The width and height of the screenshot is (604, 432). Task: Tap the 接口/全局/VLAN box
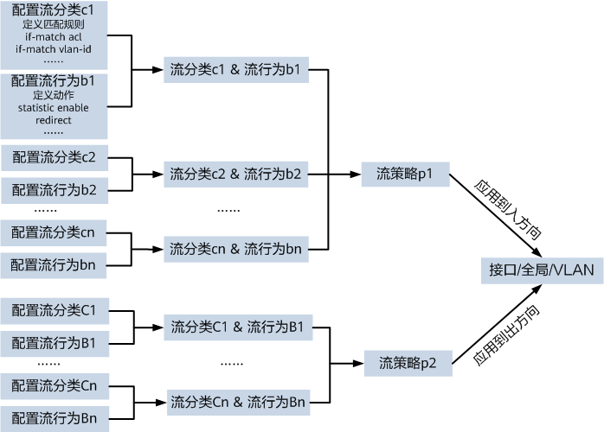(x=542, y=270)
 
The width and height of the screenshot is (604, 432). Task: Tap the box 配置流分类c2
(x=54, y=158)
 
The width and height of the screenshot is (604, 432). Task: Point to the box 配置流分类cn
(x=54, y=232)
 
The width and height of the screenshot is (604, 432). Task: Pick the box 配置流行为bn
(x=54, y=264)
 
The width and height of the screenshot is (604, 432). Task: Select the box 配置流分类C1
(x=54, y=309)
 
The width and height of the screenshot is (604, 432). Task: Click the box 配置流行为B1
(x=54, y=343)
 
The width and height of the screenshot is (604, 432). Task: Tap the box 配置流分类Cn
(x=54, y=384)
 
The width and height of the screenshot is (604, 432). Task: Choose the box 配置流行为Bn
(x=54, y=418)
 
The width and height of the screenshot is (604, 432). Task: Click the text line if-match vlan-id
(x=54, y=48)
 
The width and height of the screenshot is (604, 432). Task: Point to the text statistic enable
(x=54, y=107)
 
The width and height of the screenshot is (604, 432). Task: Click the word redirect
(x=54, y=120)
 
